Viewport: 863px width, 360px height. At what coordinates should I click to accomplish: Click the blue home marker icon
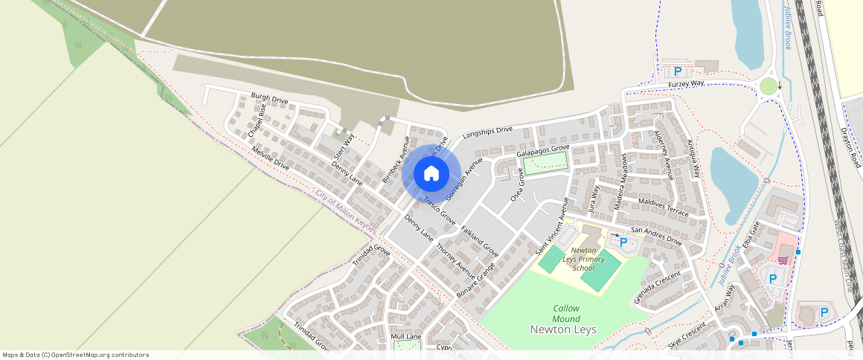click(431, 174)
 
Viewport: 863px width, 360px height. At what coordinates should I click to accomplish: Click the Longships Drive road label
click(488, 133)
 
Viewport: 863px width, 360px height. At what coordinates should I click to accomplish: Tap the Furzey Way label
click(686, 84)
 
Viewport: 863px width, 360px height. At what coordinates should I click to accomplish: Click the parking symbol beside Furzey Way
click(678, 71)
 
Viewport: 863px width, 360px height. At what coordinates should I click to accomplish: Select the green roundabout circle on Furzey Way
click(769, 86)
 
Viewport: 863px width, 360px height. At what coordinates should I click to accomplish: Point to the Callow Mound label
click(566, 313)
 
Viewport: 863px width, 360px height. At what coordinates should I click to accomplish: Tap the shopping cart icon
click(783, 260)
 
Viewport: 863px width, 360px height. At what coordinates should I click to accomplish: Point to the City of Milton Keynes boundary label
click(346, 211)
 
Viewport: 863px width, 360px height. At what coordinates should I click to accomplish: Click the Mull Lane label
click(406, 337)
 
